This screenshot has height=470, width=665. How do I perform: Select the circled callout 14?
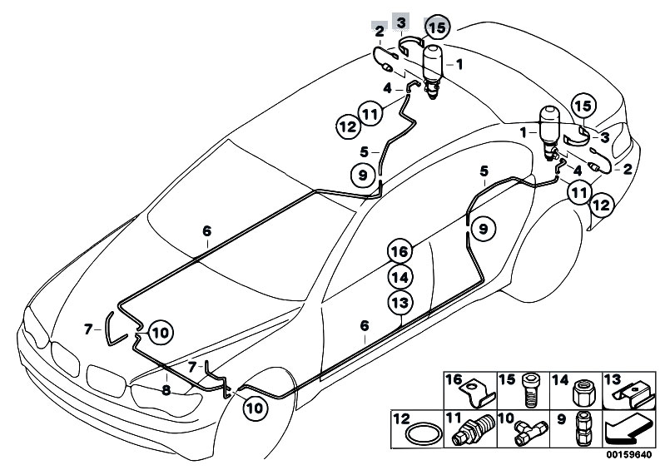[x=400, y=276]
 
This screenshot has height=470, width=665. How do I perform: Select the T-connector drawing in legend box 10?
[x=527, y=432]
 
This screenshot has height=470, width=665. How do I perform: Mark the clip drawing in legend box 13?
[x=632, y=391]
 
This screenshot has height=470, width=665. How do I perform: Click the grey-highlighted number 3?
[x=402, y=20]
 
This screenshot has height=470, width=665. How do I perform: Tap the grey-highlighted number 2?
[x=380, y=32]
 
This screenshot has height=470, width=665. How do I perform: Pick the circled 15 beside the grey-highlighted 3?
[x=437, y=27]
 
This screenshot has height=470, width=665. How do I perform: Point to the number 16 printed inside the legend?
[x=454, y=379]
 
